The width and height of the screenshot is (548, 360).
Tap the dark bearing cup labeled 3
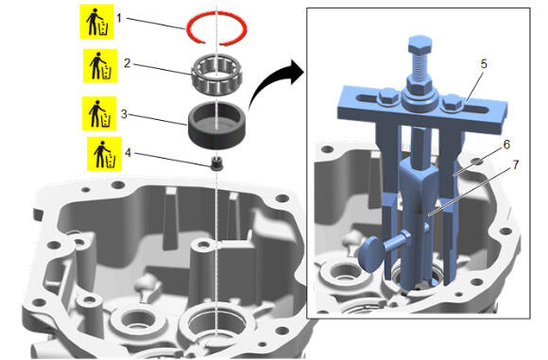[217, 126]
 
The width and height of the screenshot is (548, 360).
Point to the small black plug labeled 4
[217, 163]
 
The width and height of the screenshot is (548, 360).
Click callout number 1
[119, 18]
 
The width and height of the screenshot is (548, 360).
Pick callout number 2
[128, 63]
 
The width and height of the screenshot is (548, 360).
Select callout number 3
[124, 114]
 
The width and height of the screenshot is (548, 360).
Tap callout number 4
[128, 153]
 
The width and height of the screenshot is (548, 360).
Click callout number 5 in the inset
[484, 64]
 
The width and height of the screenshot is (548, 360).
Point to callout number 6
[506, 145]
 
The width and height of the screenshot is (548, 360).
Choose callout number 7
[516, 164]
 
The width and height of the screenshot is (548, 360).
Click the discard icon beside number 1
[96, 22]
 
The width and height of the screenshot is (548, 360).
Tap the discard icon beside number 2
[100, 66]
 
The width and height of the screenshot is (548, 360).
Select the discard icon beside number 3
[99, 113]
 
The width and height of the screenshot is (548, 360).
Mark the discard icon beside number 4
[104, 154]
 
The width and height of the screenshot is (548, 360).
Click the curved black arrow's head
[296, 72]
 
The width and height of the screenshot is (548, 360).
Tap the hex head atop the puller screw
[420, 43]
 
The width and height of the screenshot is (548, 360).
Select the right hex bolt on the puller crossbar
[453, 103]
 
